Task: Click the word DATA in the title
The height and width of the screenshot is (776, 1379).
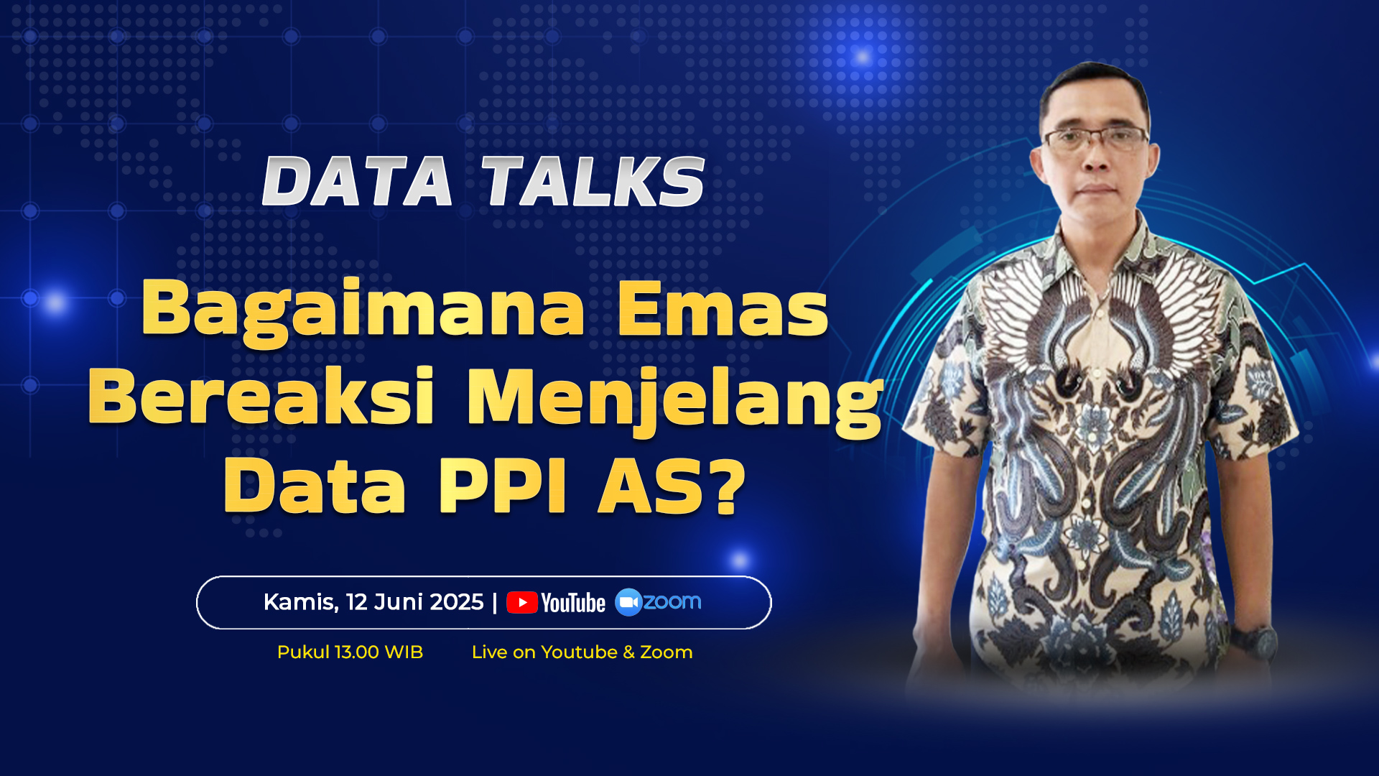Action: click(358, 182)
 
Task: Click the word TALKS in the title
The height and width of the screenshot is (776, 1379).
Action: click(593, 182)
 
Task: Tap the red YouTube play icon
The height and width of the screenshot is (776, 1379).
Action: click(522, 602)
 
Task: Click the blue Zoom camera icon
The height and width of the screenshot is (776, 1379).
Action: click(628, 602)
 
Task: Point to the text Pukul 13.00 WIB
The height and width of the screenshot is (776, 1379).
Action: click(350, 652)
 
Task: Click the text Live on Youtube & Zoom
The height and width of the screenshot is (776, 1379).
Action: click(582, 652)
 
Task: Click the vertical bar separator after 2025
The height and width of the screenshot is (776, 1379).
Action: click(495, 602)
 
